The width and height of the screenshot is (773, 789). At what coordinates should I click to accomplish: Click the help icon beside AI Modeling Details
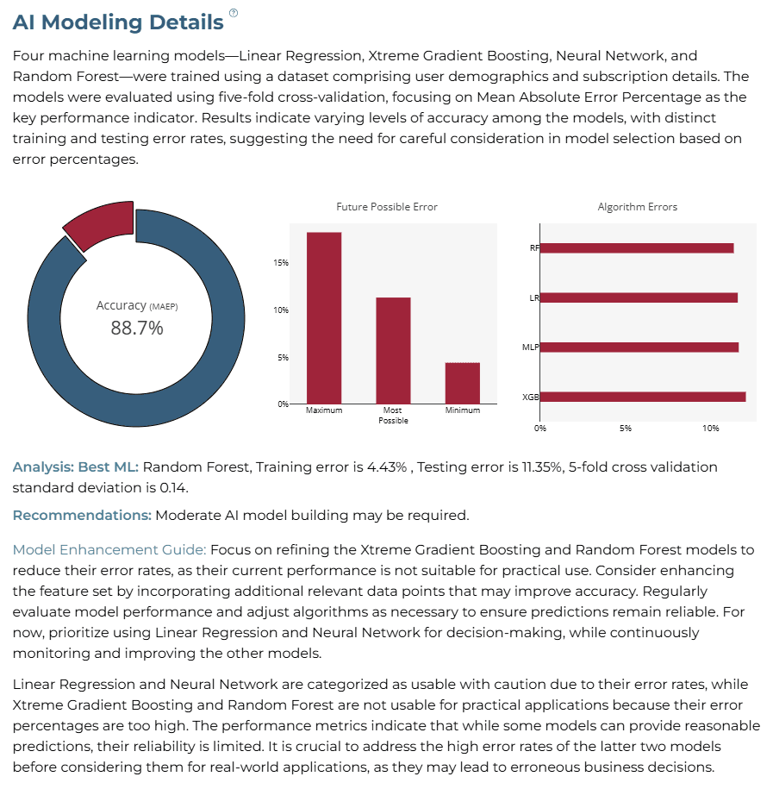234,13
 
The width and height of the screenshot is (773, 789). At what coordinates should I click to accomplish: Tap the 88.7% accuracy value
137,328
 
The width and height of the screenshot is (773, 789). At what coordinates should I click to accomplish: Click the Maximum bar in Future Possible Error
324,318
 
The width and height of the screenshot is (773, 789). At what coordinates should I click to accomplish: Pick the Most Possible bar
393,351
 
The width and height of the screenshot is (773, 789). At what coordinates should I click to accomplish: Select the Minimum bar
463,383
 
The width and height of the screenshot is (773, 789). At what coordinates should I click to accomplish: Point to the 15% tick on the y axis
281,263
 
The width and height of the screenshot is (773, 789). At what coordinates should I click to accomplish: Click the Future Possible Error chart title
387,207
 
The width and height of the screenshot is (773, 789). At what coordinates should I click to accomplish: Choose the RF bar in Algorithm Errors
637,248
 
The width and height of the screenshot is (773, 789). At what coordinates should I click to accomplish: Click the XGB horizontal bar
643,397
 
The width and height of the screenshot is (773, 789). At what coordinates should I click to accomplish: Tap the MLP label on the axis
531,348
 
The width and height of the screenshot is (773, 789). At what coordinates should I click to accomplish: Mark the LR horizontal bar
639,297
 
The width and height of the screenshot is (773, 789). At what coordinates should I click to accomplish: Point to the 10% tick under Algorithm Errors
711,429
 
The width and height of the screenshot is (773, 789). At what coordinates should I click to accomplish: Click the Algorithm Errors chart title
637,207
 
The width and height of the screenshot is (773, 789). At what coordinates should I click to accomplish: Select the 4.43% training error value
387,467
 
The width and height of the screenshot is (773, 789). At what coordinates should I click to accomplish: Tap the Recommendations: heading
82,516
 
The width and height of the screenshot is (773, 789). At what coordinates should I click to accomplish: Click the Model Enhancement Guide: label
109,549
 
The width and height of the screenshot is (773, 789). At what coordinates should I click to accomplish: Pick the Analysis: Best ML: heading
76,467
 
